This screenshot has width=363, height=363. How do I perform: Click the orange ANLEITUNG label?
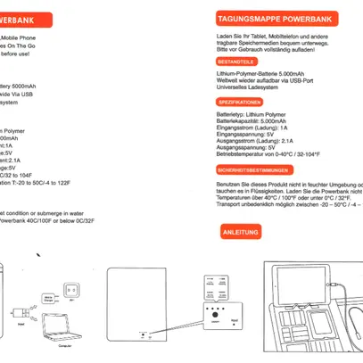click(x=241, y=233)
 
